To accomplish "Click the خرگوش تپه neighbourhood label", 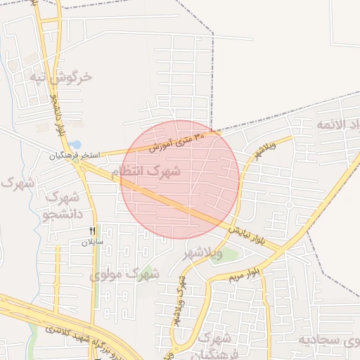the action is pyautogui.click(x=61, y=77).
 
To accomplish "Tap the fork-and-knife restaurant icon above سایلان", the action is pyautogui.click(x=92, y=231).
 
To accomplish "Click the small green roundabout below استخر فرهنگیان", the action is pyautogui.click(x=83, y=167).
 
